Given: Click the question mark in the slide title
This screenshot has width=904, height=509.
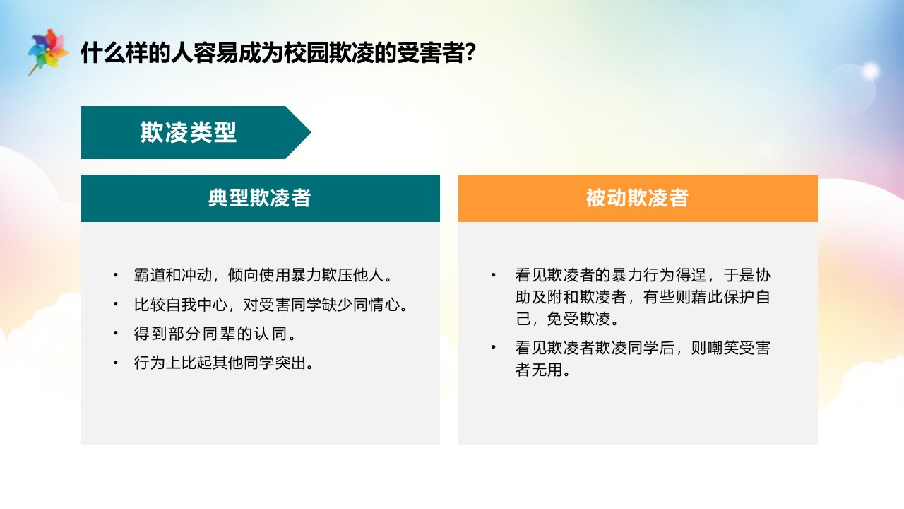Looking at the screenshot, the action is click(470, 52).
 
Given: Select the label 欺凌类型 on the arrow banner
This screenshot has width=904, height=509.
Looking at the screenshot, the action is click(188, 132).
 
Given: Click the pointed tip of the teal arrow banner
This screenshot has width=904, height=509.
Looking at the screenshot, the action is click(311, 132).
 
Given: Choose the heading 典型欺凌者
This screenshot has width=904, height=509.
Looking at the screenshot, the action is click(259, 198).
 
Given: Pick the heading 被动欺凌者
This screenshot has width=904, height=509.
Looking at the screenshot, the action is click(637, 198).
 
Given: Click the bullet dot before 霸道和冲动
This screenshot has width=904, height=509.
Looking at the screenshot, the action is click(116, 275).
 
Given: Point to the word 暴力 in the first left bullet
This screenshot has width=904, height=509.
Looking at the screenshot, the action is click(306, 275).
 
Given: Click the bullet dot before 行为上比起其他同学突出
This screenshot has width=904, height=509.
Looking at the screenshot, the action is click(116, 363).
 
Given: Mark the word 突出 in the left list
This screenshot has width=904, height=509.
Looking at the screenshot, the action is click(290, 363).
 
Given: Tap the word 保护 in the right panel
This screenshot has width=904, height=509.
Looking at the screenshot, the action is click(739, 297).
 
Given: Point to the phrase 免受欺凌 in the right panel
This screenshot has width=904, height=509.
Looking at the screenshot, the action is click(578, 319).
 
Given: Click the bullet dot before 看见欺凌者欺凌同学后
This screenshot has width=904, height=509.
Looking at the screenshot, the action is click(493, 348).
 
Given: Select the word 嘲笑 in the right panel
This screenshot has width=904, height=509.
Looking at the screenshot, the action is click(722, 348).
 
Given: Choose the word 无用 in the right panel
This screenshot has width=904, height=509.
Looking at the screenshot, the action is click(547, 370).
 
